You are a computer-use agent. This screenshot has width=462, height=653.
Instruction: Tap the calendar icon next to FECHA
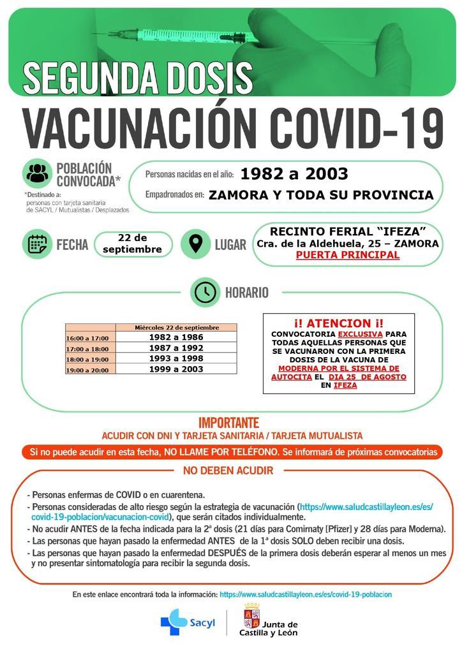pos(38,244)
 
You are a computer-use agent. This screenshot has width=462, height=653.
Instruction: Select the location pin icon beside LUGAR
pos(196,244)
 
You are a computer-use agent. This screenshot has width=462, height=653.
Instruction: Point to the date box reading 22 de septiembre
pos(133,244)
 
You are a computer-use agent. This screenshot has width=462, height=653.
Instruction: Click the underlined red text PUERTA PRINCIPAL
pos(348,255)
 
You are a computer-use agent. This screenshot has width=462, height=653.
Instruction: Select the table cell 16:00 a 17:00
pos(87,338)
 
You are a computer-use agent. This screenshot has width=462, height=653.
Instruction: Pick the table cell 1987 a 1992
pos(176,348)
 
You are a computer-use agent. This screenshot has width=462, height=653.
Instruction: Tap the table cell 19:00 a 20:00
pos(87,369)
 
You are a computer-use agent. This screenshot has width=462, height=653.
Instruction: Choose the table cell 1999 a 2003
pos(176,369)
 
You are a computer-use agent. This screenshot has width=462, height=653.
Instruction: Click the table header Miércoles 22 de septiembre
pos(176,327)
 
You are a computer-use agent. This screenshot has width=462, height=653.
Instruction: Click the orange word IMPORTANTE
pos(228,422)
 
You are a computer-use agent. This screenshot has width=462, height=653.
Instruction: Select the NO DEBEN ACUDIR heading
pos(228,471)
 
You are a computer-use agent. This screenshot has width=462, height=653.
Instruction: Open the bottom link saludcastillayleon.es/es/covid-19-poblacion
pos(305,594)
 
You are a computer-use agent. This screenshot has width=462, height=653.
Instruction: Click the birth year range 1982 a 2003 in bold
pos(294,173)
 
